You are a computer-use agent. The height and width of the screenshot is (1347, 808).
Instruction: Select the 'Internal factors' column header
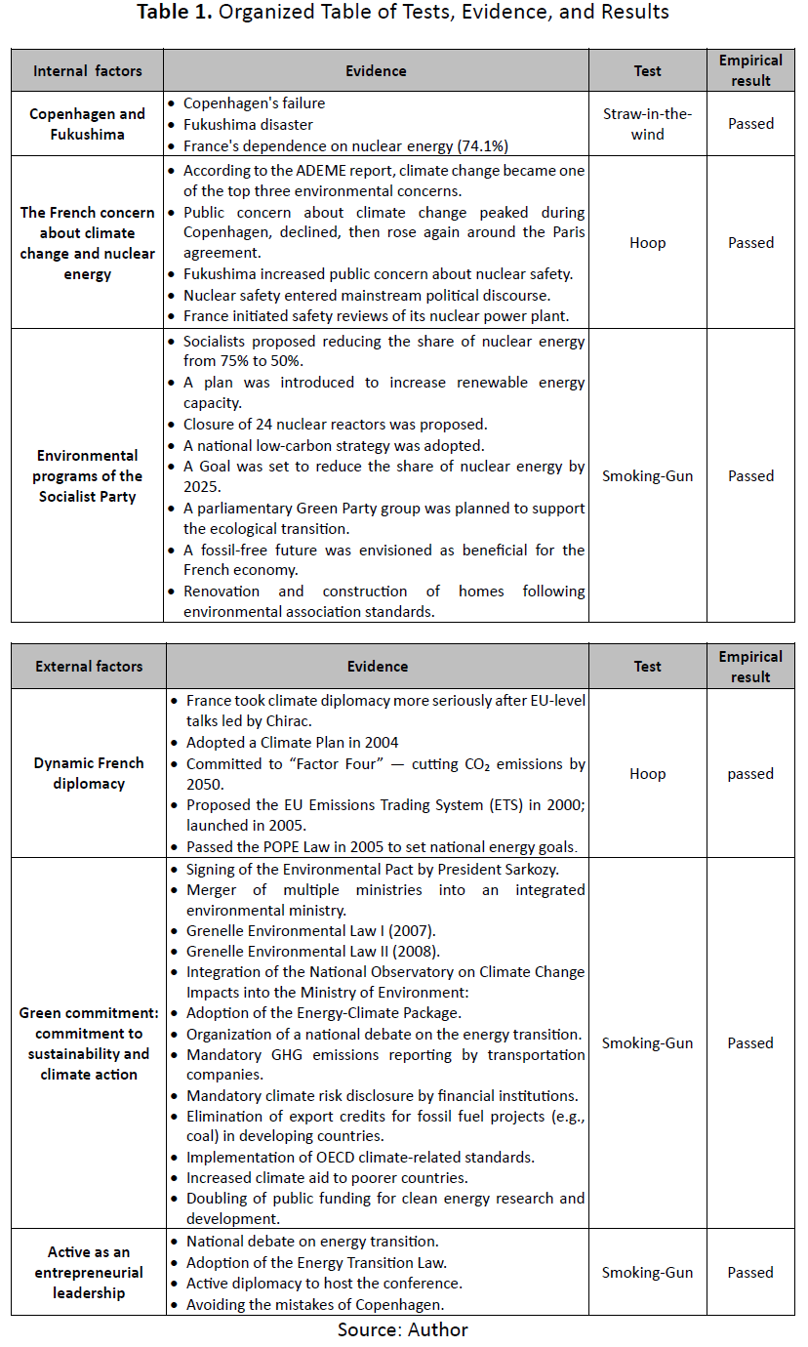88,71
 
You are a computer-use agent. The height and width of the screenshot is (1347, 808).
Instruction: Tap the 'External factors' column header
89,667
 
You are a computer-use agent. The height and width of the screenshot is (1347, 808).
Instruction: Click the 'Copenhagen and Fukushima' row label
88,124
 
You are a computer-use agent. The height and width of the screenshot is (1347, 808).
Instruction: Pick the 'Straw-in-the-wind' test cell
647,124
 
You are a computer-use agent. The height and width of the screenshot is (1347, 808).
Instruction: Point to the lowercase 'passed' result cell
750,774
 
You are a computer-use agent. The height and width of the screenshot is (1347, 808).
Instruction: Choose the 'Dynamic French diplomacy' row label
89,773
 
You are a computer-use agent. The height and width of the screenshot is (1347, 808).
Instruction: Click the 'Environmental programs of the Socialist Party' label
88,476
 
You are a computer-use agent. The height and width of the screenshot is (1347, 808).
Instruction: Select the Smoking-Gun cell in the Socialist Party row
647,476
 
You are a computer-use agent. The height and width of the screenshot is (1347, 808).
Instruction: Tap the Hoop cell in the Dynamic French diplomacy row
647,774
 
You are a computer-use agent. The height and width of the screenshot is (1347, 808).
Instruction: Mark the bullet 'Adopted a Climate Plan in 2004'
292,743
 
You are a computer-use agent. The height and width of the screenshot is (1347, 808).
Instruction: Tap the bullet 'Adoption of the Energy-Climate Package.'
324,1013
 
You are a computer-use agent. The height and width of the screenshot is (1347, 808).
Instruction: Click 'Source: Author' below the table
403,1330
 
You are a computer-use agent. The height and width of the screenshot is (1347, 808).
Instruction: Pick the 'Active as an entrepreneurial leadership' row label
89,1273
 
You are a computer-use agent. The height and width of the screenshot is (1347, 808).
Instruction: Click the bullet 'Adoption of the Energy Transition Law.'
316,1263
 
